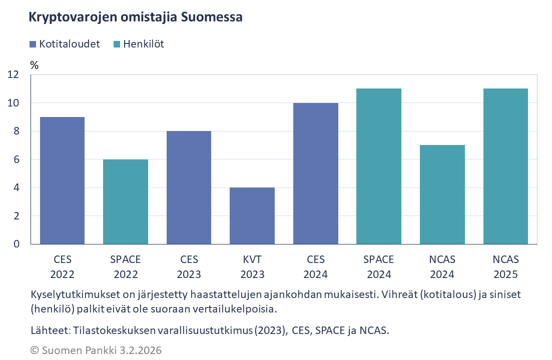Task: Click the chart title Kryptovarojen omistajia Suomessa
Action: [x=136, y=17]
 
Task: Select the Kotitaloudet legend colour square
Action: [x=33, y=44]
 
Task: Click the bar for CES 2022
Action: [x=62, y=180]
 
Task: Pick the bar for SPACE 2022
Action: [x=126, y=201]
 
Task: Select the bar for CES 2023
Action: [x=189, y=187]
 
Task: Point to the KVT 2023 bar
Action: [x=252, y=216]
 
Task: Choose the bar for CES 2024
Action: [x=315, y=173]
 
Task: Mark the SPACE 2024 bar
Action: [x=379, y=166]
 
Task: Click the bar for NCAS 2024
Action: [x=442, y=194]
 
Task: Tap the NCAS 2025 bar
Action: [x=505, y=166]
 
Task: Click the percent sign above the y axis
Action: [x=34, y=65]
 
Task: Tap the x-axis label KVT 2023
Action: [x=252, y=267]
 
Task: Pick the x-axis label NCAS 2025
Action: [x=505, y=267]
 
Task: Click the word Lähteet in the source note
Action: [x=48, y=330]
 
